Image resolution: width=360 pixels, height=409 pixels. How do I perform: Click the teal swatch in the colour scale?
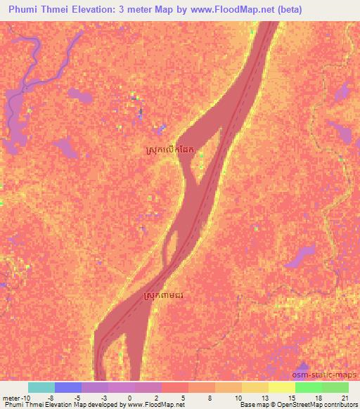click(41, 387)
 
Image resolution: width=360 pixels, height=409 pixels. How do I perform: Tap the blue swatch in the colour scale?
click(68, 387)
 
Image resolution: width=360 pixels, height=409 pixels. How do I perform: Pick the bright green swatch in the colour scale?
click(309, 387)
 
